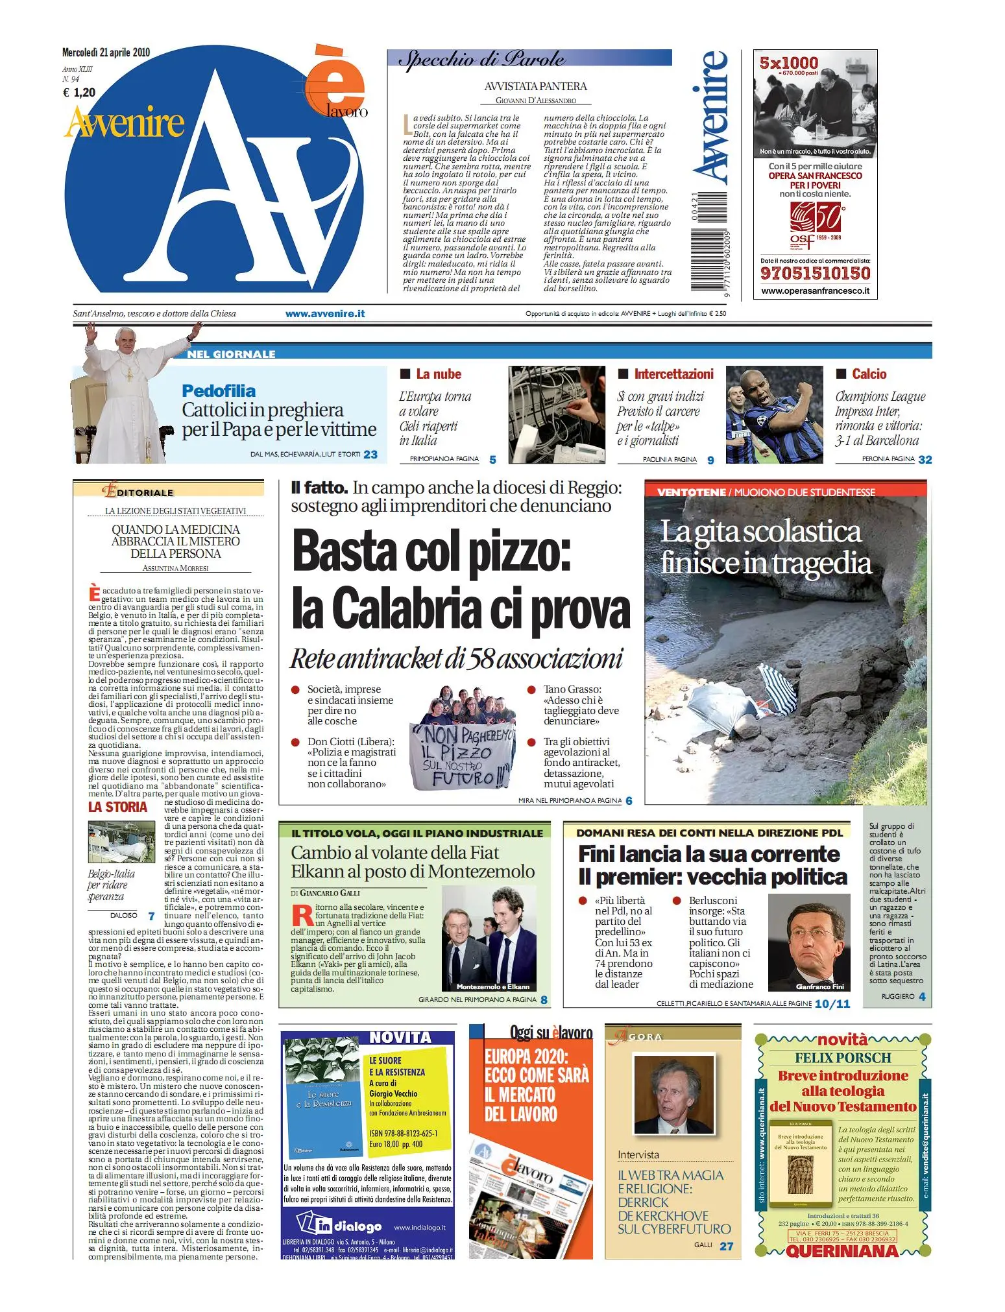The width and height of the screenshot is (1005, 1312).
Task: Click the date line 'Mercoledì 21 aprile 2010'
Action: [x=106, y=53]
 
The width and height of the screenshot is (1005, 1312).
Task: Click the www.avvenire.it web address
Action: [x=324, y=313]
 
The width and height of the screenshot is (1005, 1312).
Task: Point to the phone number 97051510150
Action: [x=815, y=273]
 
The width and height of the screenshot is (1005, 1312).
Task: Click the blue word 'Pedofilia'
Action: [x=219, y=390]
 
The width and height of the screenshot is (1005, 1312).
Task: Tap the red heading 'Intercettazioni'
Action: [x=673, y=374]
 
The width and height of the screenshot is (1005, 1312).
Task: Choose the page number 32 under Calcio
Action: [x=925, y=459]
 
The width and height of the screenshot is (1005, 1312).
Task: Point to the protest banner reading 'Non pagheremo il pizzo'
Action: [x=462, y=756]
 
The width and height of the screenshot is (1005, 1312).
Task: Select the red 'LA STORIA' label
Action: [x=117, y=807]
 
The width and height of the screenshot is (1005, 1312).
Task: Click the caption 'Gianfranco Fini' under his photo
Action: [x=820, y=986]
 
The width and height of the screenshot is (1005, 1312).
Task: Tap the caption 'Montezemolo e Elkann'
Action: [x=492, y=986]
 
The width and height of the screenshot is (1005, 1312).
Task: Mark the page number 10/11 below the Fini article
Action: [x=832, y=1003]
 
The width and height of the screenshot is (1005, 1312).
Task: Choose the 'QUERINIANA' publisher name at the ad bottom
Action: [x=842, y=1251]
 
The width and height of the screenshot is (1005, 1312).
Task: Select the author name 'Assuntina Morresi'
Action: [x=175, y=568]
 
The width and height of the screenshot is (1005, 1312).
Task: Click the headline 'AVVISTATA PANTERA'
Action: [x=535, y=86]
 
